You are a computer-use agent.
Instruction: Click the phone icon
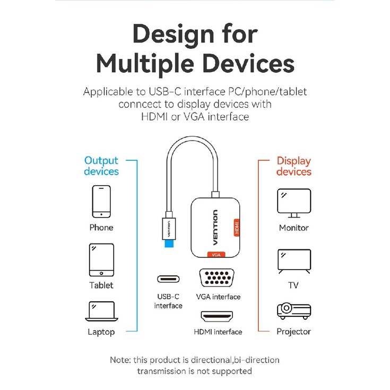pos(101,202)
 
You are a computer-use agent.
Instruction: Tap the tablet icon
pos(101,260)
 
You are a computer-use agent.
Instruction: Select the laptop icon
pos(101,311)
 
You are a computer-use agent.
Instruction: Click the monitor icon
pos(293,203)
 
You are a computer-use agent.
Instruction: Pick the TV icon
pos(293,262)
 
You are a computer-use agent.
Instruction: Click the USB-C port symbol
pos(168,279)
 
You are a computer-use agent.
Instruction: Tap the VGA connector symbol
pos(218,279)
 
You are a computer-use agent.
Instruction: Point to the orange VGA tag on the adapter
pos(216,255)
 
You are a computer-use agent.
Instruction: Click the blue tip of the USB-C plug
pos(169,242)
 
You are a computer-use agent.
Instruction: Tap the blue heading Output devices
pos(101,166)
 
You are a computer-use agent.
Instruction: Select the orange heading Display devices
pos(293,166)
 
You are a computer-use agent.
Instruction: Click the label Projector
pos(293,332)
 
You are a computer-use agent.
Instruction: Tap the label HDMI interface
pos(218,332)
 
